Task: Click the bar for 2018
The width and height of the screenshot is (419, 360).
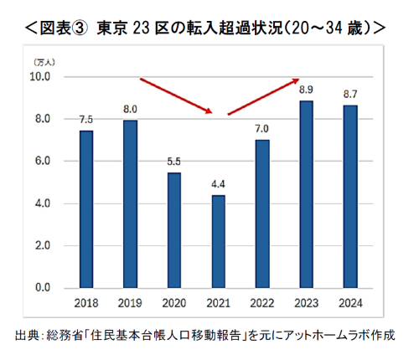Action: (86, 209)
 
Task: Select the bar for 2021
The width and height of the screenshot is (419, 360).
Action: (218, 242)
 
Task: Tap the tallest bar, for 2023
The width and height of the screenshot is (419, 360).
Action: (306, 194)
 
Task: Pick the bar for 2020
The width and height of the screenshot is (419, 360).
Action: (174, 230)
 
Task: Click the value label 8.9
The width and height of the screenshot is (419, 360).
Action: (306, 90)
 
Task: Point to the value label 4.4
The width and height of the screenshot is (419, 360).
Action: (218, 184)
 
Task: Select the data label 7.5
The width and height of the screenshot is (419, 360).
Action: (86, 119)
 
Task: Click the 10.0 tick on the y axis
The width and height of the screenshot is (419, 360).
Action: (39, 77)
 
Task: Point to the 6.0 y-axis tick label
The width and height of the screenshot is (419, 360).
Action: (39, 162)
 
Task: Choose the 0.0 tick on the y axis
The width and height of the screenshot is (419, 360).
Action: (39, 288)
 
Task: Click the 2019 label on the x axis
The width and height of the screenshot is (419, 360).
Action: (130, 303)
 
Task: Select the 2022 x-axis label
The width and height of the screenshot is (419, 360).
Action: (261, 303)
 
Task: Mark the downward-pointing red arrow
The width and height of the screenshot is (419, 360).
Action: (176, 96)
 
